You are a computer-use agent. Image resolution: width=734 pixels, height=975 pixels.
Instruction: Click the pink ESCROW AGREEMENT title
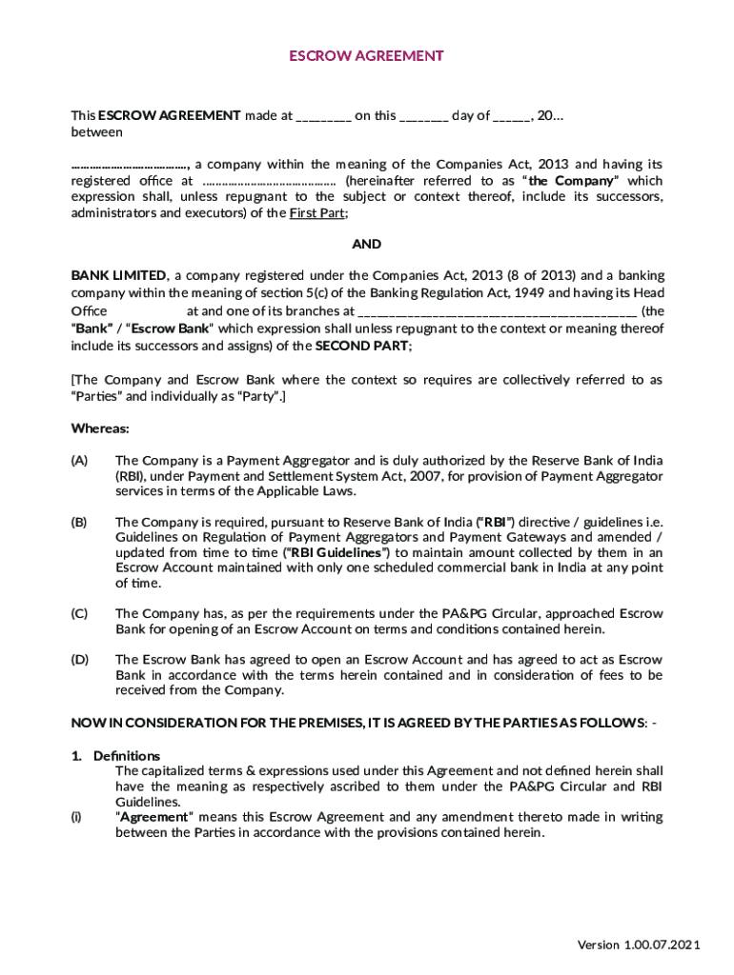coord(366,56)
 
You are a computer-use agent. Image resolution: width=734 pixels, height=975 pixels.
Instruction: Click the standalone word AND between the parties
coord(367,245)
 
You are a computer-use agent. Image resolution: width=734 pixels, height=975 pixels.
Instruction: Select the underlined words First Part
coord(318,213)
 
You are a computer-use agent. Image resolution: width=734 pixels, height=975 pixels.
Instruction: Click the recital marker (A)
coord(80,461)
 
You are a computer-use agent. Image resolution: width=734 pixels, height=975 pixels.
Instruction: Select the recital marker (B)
coord(80,522)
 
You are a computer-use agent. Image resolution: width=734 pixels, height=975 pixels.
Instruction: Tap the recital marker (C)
coord(80,613)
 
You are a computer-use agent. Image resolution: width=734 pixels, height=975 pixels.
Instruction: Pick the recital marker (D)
coord(80,659)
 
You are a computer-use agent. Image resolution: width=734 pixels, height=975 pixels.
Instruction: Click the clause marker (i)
coord(76,817)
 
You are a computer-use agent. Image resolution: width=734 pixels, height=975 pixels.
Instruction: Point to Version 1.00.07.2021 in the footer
coord(639,945)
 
